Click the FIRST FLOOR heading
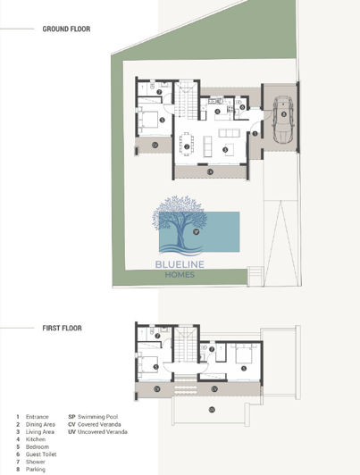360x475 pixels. point(62,328)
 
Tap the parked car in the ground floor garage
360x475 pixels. point(281,118)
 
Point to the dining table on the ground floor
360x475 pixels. point(187,144)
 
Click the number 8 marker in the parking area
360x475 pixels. point(283,114)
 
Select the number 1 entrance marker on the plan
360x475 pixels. point(255,133)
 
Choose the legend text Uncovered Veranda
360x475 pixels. point(104,432)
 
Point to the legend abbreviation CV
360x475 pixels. point(71,424)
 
